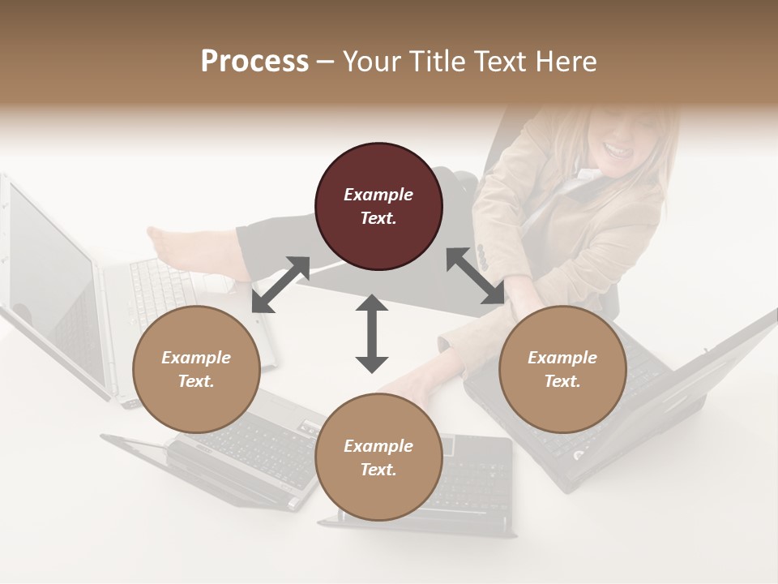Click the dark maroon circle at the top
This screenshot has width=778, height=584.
point(378,206)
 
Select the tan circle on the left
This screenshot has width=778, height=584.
point(196,369)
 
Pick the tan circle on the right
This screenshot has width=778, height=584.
point(562,369)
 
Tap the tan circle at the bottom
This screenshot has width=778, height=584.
point(378,457)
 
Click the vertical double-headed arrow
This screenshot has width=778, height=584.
point(372,333)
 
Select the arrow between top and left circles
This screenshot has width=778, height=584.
point(281,284)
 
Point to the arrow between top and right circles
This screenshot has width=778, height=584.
point(475,277)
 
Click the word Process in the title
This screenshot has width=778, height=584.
point(254,61)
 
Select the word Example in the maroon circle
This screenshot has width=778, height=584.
point(378,195)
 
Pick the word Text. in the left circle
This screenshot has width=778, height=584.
point(196,381)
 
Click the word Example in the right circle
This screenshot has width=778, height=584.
point(562,358)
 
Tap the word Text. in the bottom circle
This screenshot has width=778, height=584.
point(378,470)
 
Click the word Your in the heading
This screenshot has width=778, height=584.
point(370,61)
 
